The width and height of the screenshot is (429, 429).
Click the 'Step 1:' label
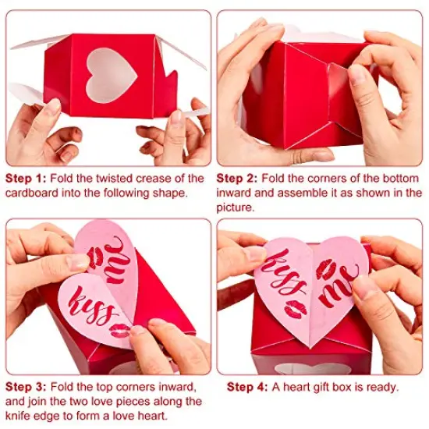[27, 179]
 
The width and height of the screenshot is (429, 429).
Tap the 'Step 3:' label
[27, 387]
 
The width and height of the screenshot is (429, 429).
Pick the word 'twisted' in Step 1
[115, 179]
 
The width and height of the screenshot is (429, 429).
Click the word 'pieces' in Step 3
[160, 402]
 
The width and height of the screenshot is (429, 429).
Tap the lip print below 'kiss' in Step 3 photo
[119, 331]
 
